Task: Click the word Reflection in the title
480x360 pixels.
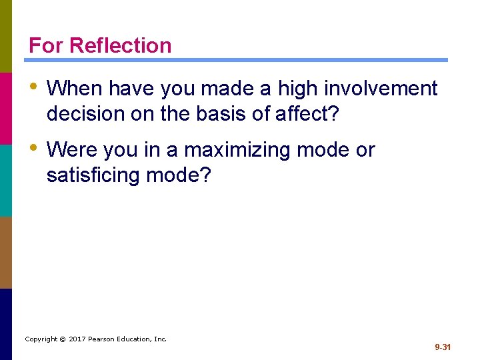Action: click(120, 45)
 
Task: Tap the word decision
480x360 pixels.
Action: click(86, 114)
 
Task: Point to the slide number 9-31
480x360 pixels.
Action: click(443, 347)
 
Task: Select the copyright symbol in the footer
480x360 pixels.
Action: click(61, 339)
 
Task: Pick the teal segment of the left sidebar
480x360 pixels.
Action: click(6, 180)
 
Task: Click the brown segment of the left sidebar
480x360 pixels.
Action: click(6, 252)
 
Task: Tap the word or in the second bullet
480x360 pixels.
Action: click(365, 150)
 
